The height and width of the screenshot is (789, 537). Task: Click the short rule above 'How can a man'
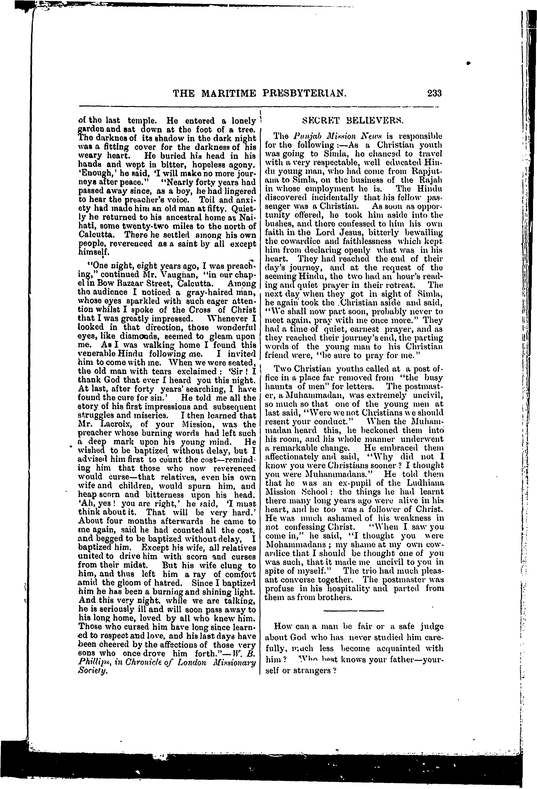(x=354, y=611)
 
